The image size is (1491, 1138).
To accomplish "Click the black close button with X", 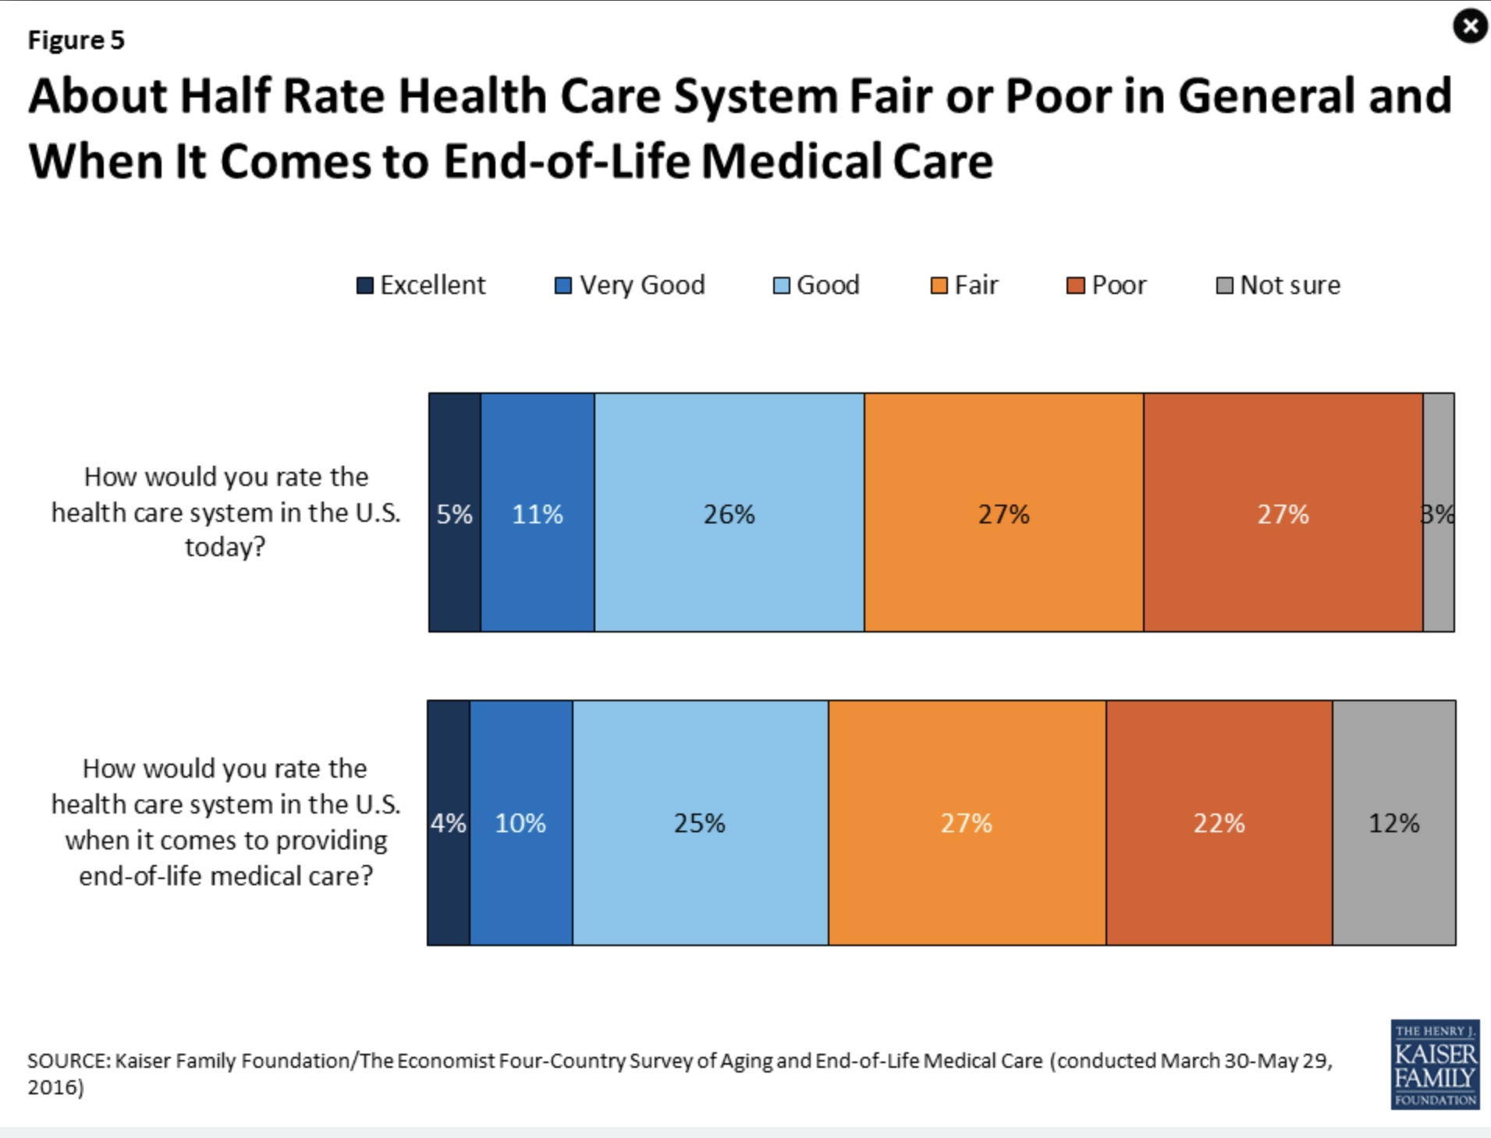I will (x=1470, y=27).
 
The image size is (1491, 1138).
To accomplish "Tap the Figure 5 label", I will (x=76, y=40).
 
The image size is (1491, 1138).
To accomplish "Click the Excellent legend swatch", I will (x=364, y=285).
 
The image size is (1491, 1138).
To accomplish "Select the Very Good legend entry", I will (x=630, y=285).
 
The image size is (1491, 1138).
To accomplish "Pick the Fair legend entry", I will (x=964, y=285).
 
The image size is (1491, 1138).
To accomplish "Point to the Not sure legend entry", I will (x=1279, y=285).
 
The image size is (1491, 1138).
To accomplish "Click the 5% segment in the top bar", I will (x=455, y=513).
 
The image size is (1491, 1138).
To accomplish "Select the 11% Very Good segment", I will (x=538, y=513).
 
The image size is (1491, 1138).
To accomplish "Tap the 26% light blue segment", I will (x=730, y=513).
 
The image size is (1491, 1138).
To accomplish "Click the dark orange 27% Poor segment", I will (x=1283, y=513).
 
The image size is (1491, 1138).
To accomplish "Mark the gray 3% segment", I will (x=1439, y=513).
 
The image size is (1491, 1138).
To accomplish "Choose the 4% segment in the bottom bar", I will (x=449, y=823).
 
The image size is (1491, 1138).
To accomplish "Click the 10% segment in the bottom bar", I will (x=520, y=823).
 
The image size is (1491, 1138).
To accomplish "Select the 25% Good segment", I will (x=700, y=823).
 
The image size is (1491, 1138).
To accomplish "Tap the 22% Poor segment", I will (x=1219, y=823).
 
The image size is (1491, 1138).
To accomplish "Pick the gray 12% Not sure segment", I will (x=1393, y=823).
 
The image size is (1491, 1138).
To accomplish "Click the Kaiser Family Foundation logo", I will (x=1434, y=1065).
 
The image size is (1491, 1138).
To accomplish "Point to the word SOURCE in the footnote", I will (x=69, y=1061).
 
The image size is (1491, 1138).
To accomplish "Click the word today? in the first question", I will (x=225, y=548).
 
